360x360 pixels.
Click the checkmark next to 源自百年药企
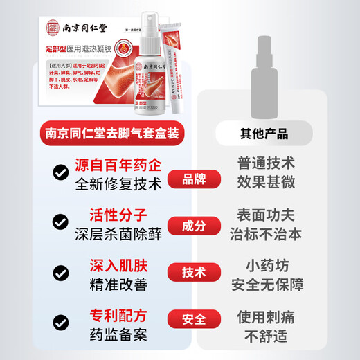point(60,174)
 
